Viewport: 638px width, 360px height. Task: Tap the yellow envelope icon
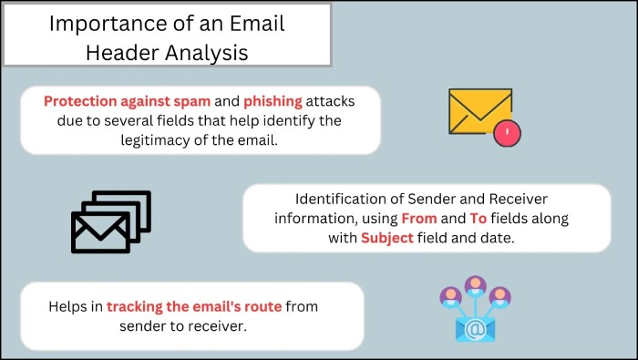[479, 112]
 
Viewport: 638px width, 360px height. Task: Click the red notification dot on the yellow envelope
[507, 133]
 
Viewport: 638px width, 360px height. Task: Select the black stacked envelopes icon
[110, 221]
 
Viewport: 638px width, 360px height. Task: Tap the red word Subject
[386, 238]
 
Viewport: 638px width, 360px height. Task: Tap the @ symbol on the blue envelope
[475, 325]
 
